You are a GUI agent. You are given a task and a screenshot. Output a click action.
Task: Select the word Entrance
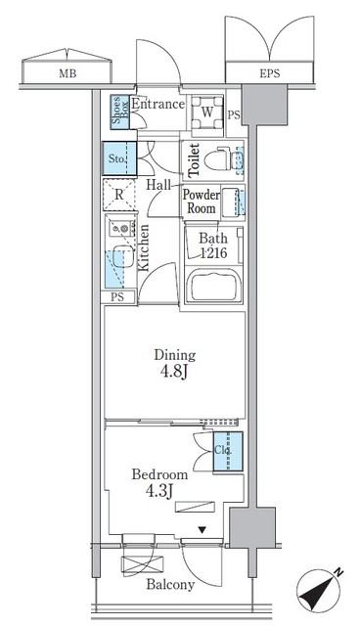(x=158, y=104)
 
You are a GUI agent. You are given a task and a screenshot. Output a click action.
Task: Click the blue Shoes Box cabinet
(x=116, y=112)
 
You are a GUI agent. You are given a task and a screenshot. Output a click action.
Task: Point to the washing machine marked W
(x=206, y=111)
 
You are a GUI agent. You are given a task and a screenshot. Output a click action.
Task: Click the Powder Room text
(x=201, y=201)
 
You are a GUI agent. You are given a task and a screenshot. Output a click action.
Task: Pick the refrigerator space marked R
(x=119, y=195)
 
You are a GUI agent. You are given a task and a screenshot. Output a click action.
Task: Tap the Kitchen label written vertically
(x=144, y=247)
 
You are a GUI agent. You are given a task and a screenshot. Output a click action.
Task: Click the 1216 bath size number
(x=213, y=253)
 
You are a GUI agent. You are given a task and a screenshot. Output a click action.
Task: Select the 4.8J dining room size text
(x=175, y=373)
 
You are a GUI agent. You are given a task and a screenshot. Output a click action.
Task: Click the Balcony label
(x=171, y=586)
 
